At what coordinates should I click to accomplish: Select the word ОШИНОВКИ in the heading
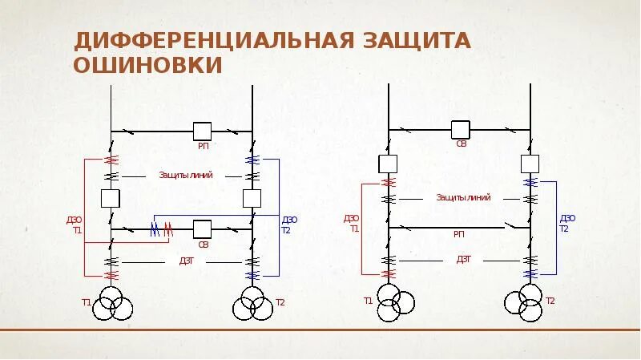[148, 66]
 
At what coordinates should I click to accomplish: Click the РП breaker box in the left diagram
[202, 131]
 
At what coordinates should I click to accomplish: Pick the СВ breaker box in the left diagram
[202, 229]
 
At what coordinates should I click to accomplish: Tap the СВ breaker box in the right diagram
[460, 130]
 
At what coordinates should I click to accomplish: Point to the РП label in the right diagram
[459, 234]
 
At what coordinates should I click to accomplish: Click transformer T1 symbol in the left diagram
[111, 304]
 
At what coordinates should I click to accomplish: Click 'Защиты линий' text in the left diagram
[185, 175]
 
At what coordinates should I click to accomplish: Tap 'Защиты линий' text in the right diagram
[462, 196]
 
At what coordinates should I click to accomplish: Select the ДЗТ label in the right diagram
[464, 259]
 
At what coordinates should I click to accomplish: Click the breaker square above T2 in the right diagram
[530, 164]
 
